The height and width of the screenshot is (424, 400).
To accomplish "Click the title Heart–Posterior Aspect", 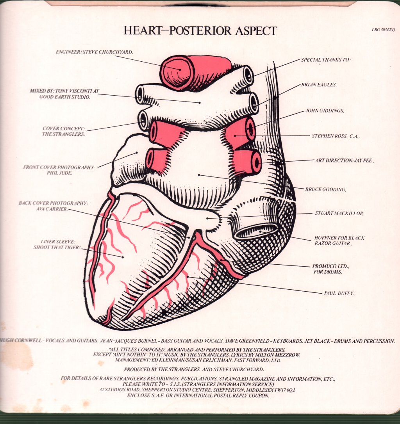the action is click(200, 30).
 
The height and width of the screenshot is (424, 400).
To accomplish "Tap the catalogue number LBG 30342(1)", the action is click(383, 30).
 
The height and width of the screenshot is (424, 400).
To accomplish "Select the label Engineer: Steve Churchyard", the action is click(95, 52).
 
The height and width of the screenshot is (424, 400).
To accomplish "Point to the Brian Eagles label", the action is click(319, 85).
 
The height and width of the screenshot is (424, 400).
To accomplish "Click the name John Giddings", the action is click(325, 110).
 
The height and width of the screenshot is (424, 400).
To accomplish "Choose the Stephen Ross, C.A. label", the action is click(336, 136).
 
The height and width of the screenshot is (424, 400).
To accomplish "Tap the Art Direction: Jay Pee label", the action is click(345, 160).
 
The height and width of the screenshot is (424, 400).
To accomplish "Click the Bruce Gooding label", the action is click(325, 189).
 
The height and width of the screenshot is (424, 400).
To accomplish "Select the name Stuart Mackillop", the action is click(339, 213).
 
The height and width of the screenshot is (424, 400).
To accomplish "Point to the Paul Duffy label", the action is click(339, 293).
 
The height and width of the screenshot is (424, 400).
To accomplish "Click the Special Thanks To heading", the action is click(325, 60).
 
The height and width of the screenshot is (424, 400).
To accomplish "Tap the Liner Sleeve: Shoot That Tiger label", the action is click(57, 244).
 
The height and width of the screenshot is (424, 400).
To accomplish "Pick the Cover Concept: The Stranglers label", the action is click(64, 132).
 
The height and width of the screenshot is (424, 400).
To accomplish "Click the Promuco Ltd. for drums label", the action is click(331, 269).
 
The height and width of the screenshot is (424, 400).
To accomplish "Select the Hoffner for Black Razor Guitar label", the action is click(339, 241).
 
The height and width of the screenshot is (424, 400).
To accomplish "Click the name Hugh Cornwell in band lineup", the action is click(21, 340).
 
